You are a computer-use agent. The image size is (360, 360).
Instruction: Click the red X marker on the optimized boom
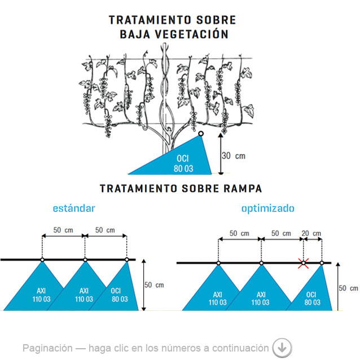pyautogui.click(x=303, y=263)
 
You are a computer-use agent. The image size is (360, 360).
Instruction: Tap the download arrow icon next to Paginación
pyautogui.click(x=282, y=348)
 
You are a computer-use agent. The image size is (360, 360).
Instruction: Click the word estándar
pyautogui.click(x=74, y=208)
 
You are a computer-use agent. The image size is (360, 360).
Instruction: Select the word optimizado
pyautogui.click(x=267, y=208)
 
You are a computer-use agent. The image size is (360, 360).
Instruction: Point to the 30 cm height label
pyautogui.click(x=234, y=156)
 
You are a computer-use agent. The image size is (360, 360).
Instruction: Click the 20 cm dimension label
pyautogui.click(x=311, y=233)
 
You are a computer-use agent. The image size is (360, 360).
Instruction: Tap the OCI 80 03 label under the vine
pyautogui.click(x=183, y=164)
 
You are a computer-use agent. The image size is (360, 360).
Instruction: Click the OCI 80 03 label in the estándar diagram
pyautogui.click(x=119, y=295)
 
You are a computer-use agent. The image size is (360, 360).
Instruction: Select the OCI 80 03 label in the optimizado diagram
pyautogui.click(x=312, y=298)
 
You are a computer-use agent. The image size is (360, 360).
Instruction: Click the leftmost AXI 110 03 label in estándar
pyautogui.click(x=41, y=295)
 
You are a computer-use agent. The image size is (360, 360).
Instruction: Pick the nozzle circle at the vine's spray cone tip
pyautogui.click(x=201, y=134)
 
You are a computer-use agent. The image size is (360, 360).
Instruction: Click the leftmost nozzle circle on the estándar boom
pyautogui.click(x=42, y=260)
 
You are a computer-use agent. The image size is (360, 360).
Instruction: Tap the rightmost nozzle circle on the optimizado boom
pyautogui.click(x=322, y=263)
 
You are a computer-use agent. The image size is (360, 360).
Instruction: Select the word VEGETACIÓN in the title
pyautogui.click(x=191, y=34)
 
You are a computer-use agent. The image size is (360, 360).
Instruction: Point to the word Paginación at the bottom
pyautogui.click(x=47, y=348)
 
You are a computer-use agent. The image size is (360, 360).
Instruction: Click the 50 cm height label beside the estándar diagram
pyautogui.click(x=154, y=285)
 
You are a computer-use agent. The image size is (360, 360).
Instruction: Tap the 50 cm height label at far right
pyautogui.click(x=348, y=288)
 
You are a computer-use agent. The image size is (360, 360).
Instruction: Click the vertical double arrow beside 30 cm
pyautogui.click(x=221, y=154)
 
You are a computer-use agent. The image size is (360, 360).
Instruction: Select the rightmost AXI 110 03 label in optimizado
pyautogui.click(x=260, y=298)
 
